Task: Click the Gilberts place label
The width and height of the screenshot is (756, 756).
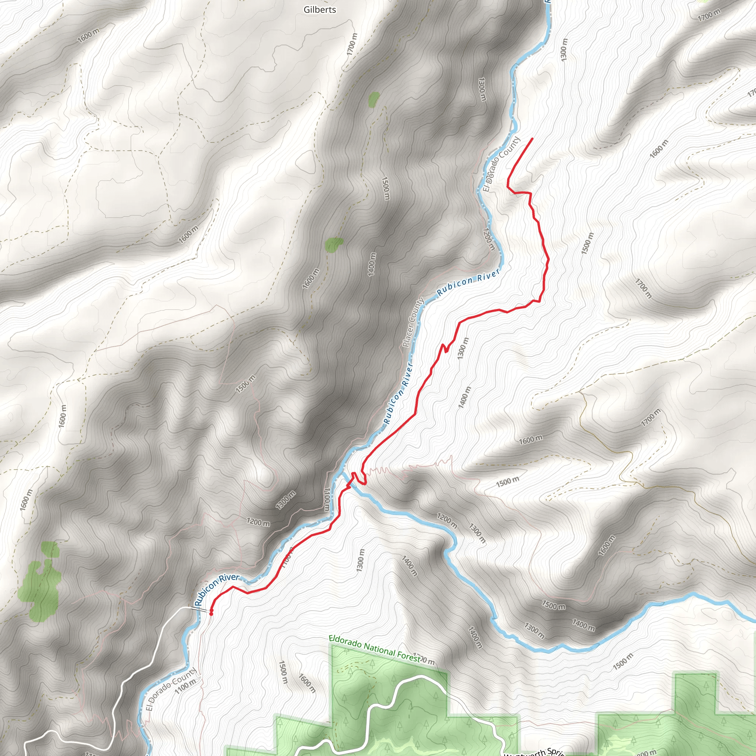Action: (320, 10)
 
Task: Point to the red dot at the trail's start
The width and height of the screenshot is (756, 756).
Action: (211, 613)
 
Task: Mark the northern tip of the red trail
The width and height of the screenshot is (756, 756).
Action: (532, 138)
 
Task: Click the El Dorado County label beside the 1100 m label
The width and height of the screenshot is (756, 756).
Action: (171, 690)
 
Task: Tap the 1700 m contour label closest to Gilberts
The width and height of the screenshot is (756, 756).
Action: (352, 44)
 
